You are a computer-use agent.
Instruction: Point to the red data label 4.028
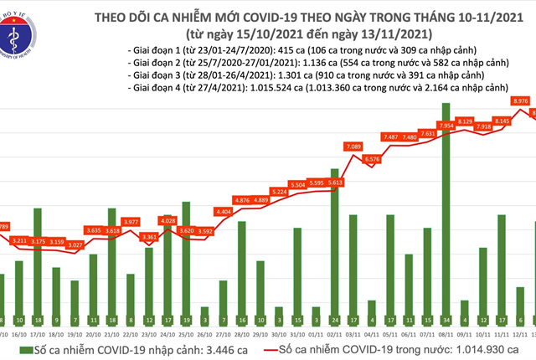[x=167, y=220]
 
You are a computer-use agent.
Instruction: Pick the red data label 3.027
[x=75, y=245]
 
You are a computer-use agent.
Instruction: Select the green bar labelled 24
[x=335, y=251]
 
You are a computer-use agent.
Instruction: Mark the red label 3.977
[x=131, y=222]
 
